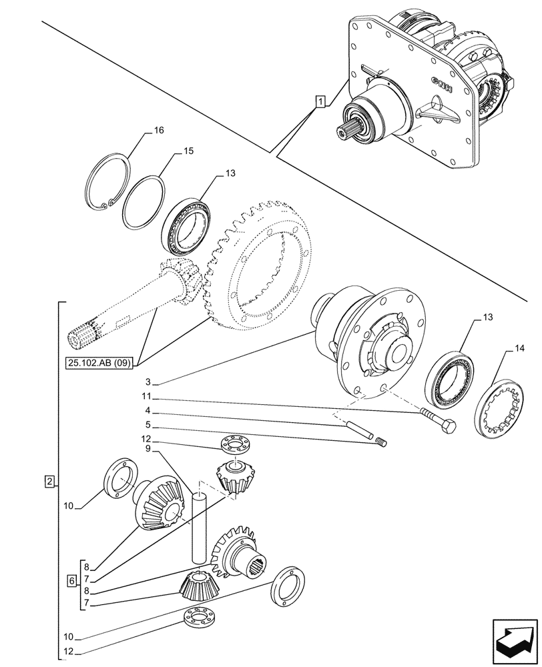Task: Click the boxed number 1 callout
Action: coord(321,102)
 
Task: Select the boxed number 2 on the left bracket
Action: coord(49,481)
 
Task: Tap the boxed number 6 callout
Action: coord(71,580)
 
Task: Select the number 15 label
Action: coord(188,152)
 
